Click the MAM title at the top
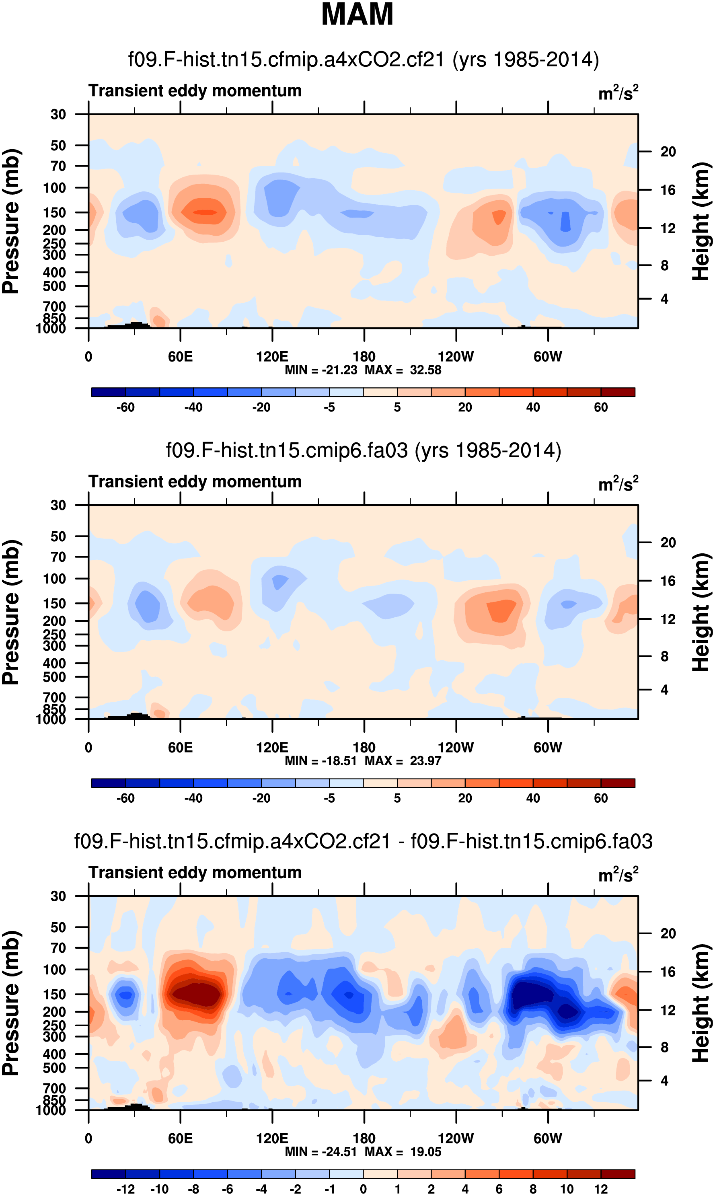point(357,14)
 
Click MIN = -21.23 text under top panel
point(321,370)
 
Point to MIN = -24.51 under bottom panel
point(321,1152)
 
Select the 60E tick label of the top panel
point(180,357)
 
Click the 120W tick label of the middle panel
point(456,748)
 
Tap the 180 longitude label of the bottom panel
point(364,1138)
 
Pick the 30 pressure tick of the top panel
point(58,115)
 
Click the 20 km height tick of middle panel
point(668,543)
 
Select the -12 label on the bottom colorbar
point(125,1189)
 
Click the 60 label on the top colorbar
point(600,407)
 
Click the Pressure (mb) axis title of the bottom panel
point(10,1003)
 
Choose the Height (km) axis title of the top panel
point(701,222)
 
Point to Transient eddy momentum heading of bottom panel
point(195,872)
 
